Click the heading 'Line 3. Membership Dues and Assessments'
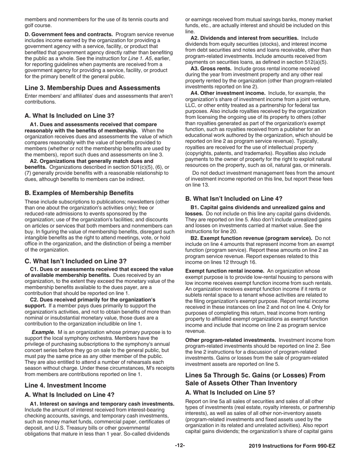point(92,88)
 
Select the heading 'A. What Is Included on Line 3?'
point(69,116)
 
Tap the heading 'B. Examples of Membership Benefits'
point(79,193)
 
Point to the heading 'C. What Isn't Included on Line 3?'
point(75,261)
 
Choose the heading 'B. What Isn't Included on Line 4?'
point(233,198)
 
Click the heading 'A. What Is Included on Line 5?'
point(230,393)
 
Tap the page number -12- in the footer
point(180,446)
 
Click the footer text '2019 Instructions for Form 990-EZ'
point(292,446)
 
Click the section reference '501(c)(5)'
point(142,167)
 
